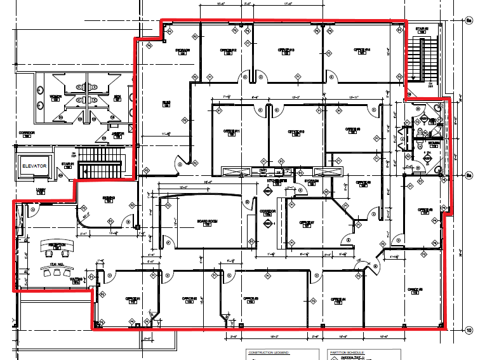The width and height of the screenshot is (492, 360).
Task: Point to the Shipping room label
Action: click(108, 197)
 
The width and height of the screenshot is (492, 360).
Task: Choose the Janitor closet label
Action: click(118, 133)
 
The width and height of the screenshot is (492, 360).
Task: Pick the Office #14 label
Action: click(362, 50)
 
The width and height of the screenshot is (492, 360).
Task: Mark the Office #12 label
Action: click(228, 50)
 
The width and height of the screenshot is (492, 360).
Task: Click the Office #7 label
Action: click(307, 222)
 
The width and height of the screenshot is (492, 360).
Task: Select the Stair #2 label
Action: click(422, 29)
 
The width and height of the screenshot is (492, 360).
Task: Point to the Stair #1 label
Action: click(68, 164)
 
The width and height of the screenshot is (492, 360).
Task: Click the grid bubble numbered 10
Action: click(469, 330)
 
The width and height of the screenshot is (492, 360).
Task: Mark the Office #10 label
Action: click(296, 131)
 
